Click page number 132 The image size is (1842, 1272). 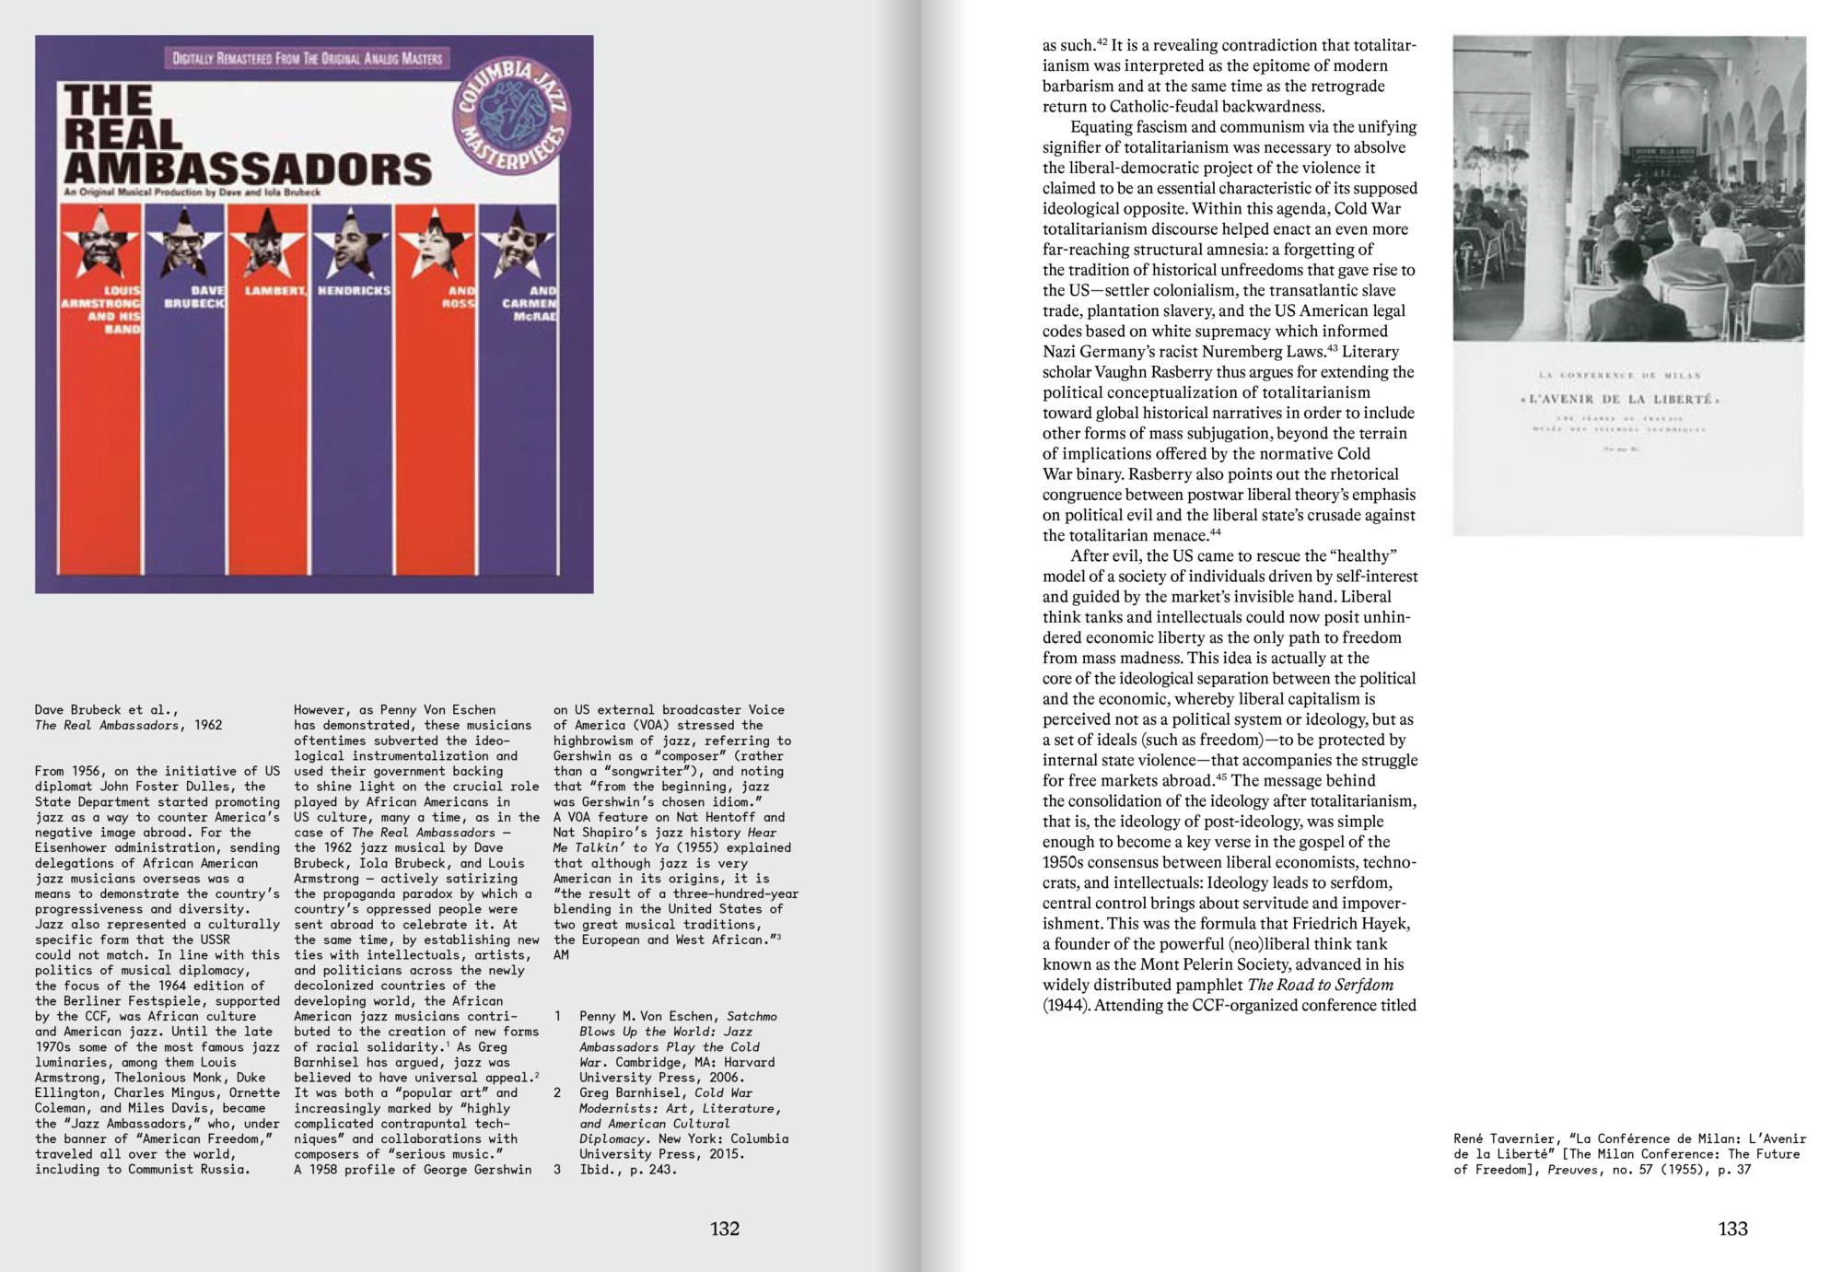tap(724, 1229)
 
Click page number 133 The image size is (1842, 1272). tap(1732, 1229)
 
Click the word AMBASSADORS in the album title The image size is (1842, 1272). tap(248, 169)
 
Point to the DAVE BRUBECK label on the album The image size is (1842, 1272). tap(194, 297)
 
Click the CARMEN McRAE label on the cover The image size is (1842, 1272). tap(530, 303)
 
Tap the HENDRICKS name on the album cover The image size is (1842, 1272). tap(354, 290)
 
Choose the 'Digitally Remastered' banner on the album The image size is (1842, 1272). tap(308, 58)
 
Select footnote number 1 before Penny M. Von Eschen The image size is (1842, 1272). tap(557, 1016)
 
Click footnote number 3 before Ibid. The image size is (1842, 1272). tap(557, 1170)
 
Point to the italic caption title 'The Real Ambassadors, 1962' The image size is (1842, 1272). tap(128, 725)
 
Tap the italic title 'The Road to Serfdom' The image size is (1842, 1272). tap(1320, 985)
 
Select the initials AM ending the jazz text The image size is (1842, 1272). tap(561, 955)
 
